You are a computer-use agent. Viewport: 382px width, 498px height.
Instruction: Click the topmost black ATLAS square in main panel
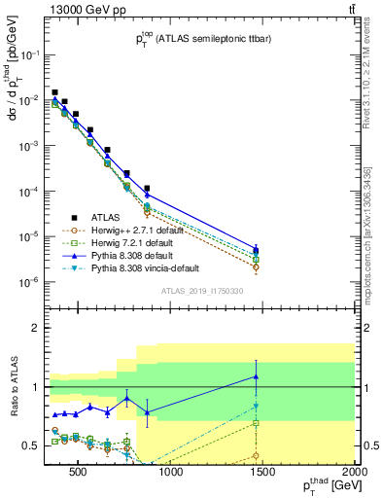(54, 92)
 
